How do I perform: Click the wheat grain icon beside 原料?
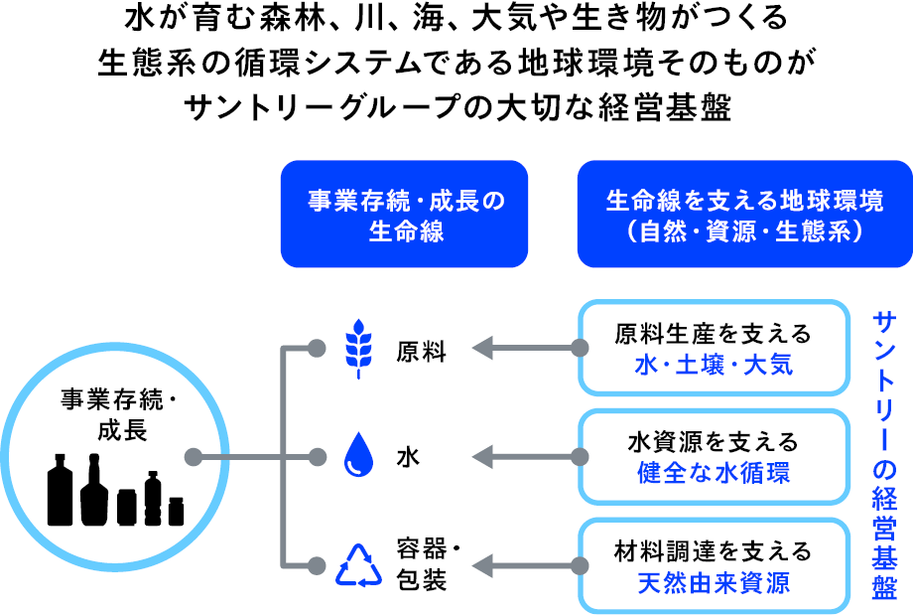click(x=358, y=349)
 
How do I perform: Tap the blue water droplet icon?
click(x=358, y=455)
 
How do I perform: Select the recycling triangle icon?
click(x=358, y=565)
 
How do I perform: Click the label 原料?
click(x=421, y=352)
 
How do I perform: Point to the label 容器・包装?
click(x=428, y=563)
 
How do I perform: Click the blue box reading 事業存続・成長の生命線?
click(x=404, y=214)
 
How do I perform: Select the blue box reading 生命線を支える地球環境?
click(x=744, y=214)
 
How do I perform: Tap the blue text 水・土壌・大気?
click(x=714, y=366)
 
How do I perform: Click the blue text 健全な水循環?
click(x=714, y=473)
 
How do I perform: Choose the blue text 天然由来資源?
click(x=714, y=582)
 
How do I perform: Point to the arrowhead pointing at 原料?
click(x=482, y=348)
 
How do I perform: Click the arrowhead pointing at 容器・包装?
click(x=482, y=565)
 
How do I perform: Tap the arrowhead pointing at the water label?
click(x=482, y=457)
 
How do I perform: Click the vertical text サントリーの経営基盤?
click(x=884, y=455)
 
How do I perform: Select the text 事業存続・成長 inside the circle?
click(x=120, y=415)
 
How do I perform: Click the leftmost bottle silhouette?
click(x=60, y=490)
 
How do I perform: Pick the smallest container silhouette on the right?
click(x=176, y=512)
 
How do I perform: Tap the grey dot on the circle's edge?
click(x=194, y=457)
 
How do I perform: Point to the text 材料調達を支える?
click(x=714, y=551)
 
